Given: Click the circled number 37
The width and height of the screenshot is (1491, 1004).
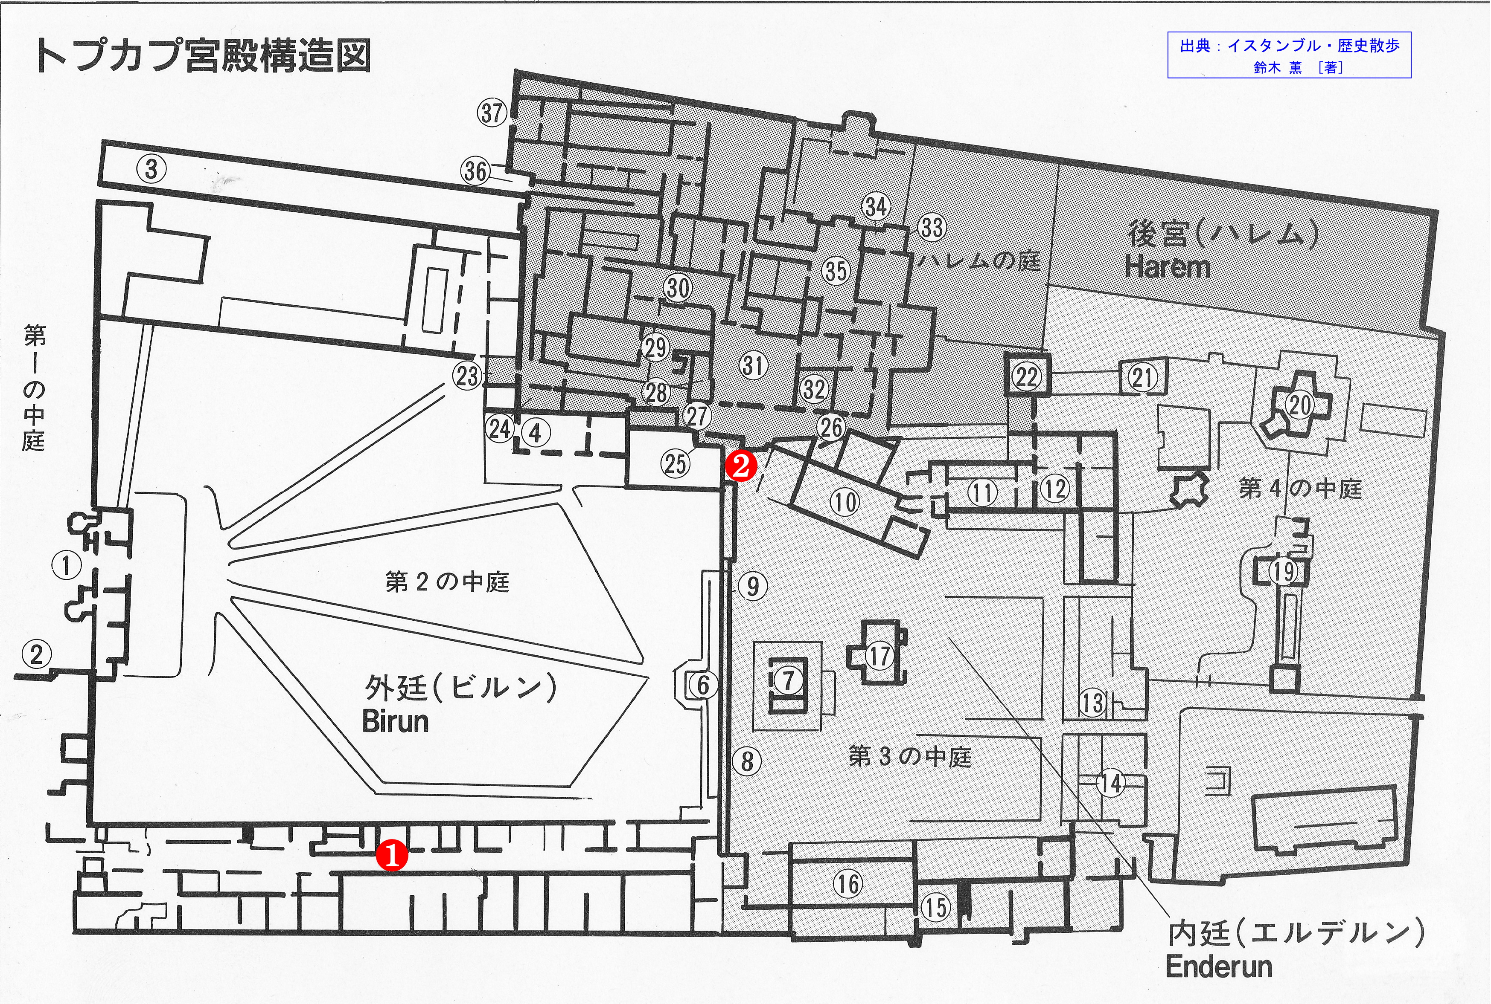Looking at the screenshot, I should (x=492, y=113).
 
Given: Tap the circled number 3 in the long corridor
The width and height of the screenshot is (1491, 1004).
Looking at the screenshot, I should (x=151, y=170).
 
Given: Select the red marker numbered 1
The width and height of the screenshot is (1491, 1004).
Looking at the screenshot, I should (x=391, y=856).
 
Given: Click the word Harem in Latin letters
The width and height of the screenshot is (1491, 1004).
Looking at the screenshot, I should (x=1168, y=267).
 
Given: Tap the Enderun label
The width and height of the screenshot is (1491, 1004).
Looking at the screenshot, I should (x=1218, y=966).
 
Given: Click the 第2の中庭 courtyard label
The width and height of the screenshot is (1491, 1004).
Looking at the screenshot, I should (x=447, y=582).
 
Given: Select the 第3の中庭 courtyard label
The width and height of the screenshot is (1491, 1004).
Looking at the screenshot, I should (x=910, y=757).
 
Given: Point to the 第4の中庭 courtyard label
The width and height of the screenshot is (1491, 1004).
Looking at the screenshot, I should (x=1300, y=489).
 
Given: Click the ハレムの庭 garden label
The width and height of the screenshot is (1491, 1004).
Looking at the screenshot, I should (x=978, y=260).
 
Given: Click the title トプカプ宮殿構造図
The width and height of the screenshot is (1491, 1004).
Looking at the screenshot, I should (x=202, y=56).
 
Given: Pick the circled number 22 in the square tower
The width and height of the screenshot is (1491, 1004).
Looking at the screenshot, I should (x=1026, y=377).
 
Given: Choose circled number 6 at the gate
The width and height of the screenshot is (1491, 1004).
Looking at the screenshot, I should (x=703, y=685).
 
